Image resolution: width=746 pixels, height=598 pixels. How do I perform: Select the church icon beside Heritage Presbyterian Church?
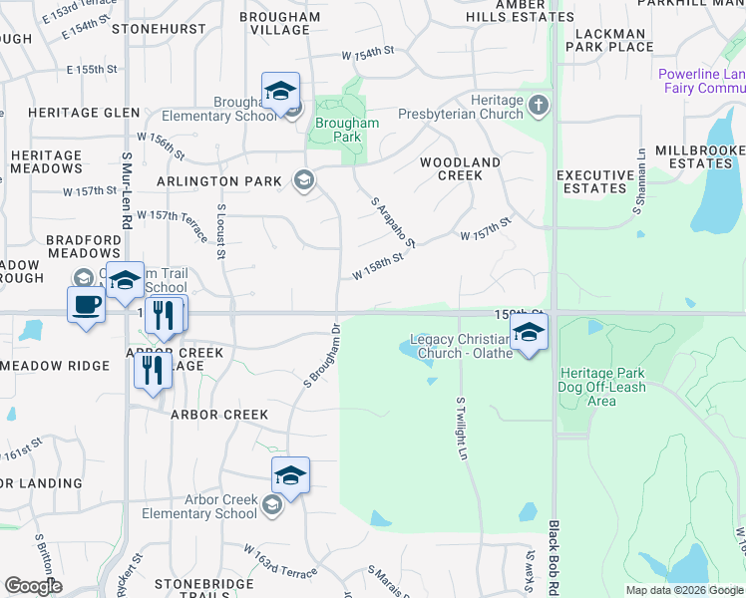538,105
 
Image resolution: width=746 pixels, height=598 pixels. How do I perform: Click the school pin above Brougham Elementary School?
281,92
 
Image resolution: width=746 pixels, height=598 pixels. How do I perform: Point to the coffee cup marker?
86,304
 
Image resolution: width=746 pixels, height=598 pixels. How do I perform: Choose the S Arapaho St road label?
392,221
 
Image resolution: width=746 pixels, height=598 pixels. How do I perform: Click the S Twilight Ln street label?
461,429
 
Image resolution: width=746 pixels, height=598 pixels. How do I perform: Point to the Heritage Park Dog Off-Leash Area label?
602,387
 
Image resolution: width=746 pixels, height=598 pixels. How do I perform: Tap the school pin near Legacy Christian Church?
529,332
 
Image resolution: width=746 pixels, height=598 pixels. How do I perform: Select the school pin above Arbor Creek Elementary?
290,475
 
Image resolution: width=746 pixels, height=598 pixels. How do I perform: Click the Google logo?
33,586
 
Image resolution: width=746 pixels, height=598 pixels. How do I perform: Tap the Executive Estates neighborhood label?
595,181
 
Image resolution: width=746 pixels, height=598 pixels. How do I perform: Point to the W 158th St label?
377,266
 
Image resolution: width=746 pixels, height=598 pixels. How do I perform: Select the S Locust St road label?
220,230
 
